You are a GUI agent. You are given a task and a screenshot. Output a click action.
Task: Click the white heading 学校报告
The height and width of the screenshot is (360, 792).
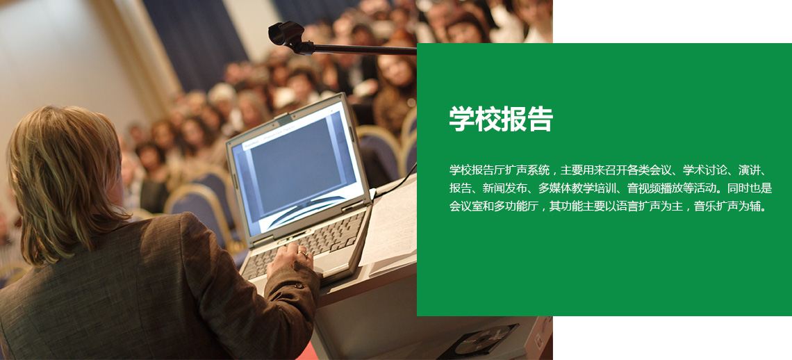(501, 120)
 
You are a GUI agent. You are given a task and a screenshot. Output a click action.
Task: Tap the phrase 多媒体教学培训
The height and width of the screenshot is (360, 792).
(577, 188)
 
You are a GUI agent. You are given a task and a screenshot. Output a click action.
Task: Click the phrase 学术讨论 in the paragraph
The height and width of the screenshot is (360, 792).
(704, 170)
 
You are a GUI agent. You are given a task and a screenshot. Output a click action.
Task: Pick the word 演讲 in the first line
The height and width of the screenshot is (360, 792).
(748, 170)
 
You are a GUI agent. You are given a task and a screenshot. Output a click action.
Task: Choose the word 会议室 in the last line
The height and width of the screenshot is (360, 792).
(465, 206)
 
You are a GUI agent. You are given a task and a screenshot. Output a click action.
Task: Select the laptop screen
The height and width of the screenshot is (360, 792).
(298, 167)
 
